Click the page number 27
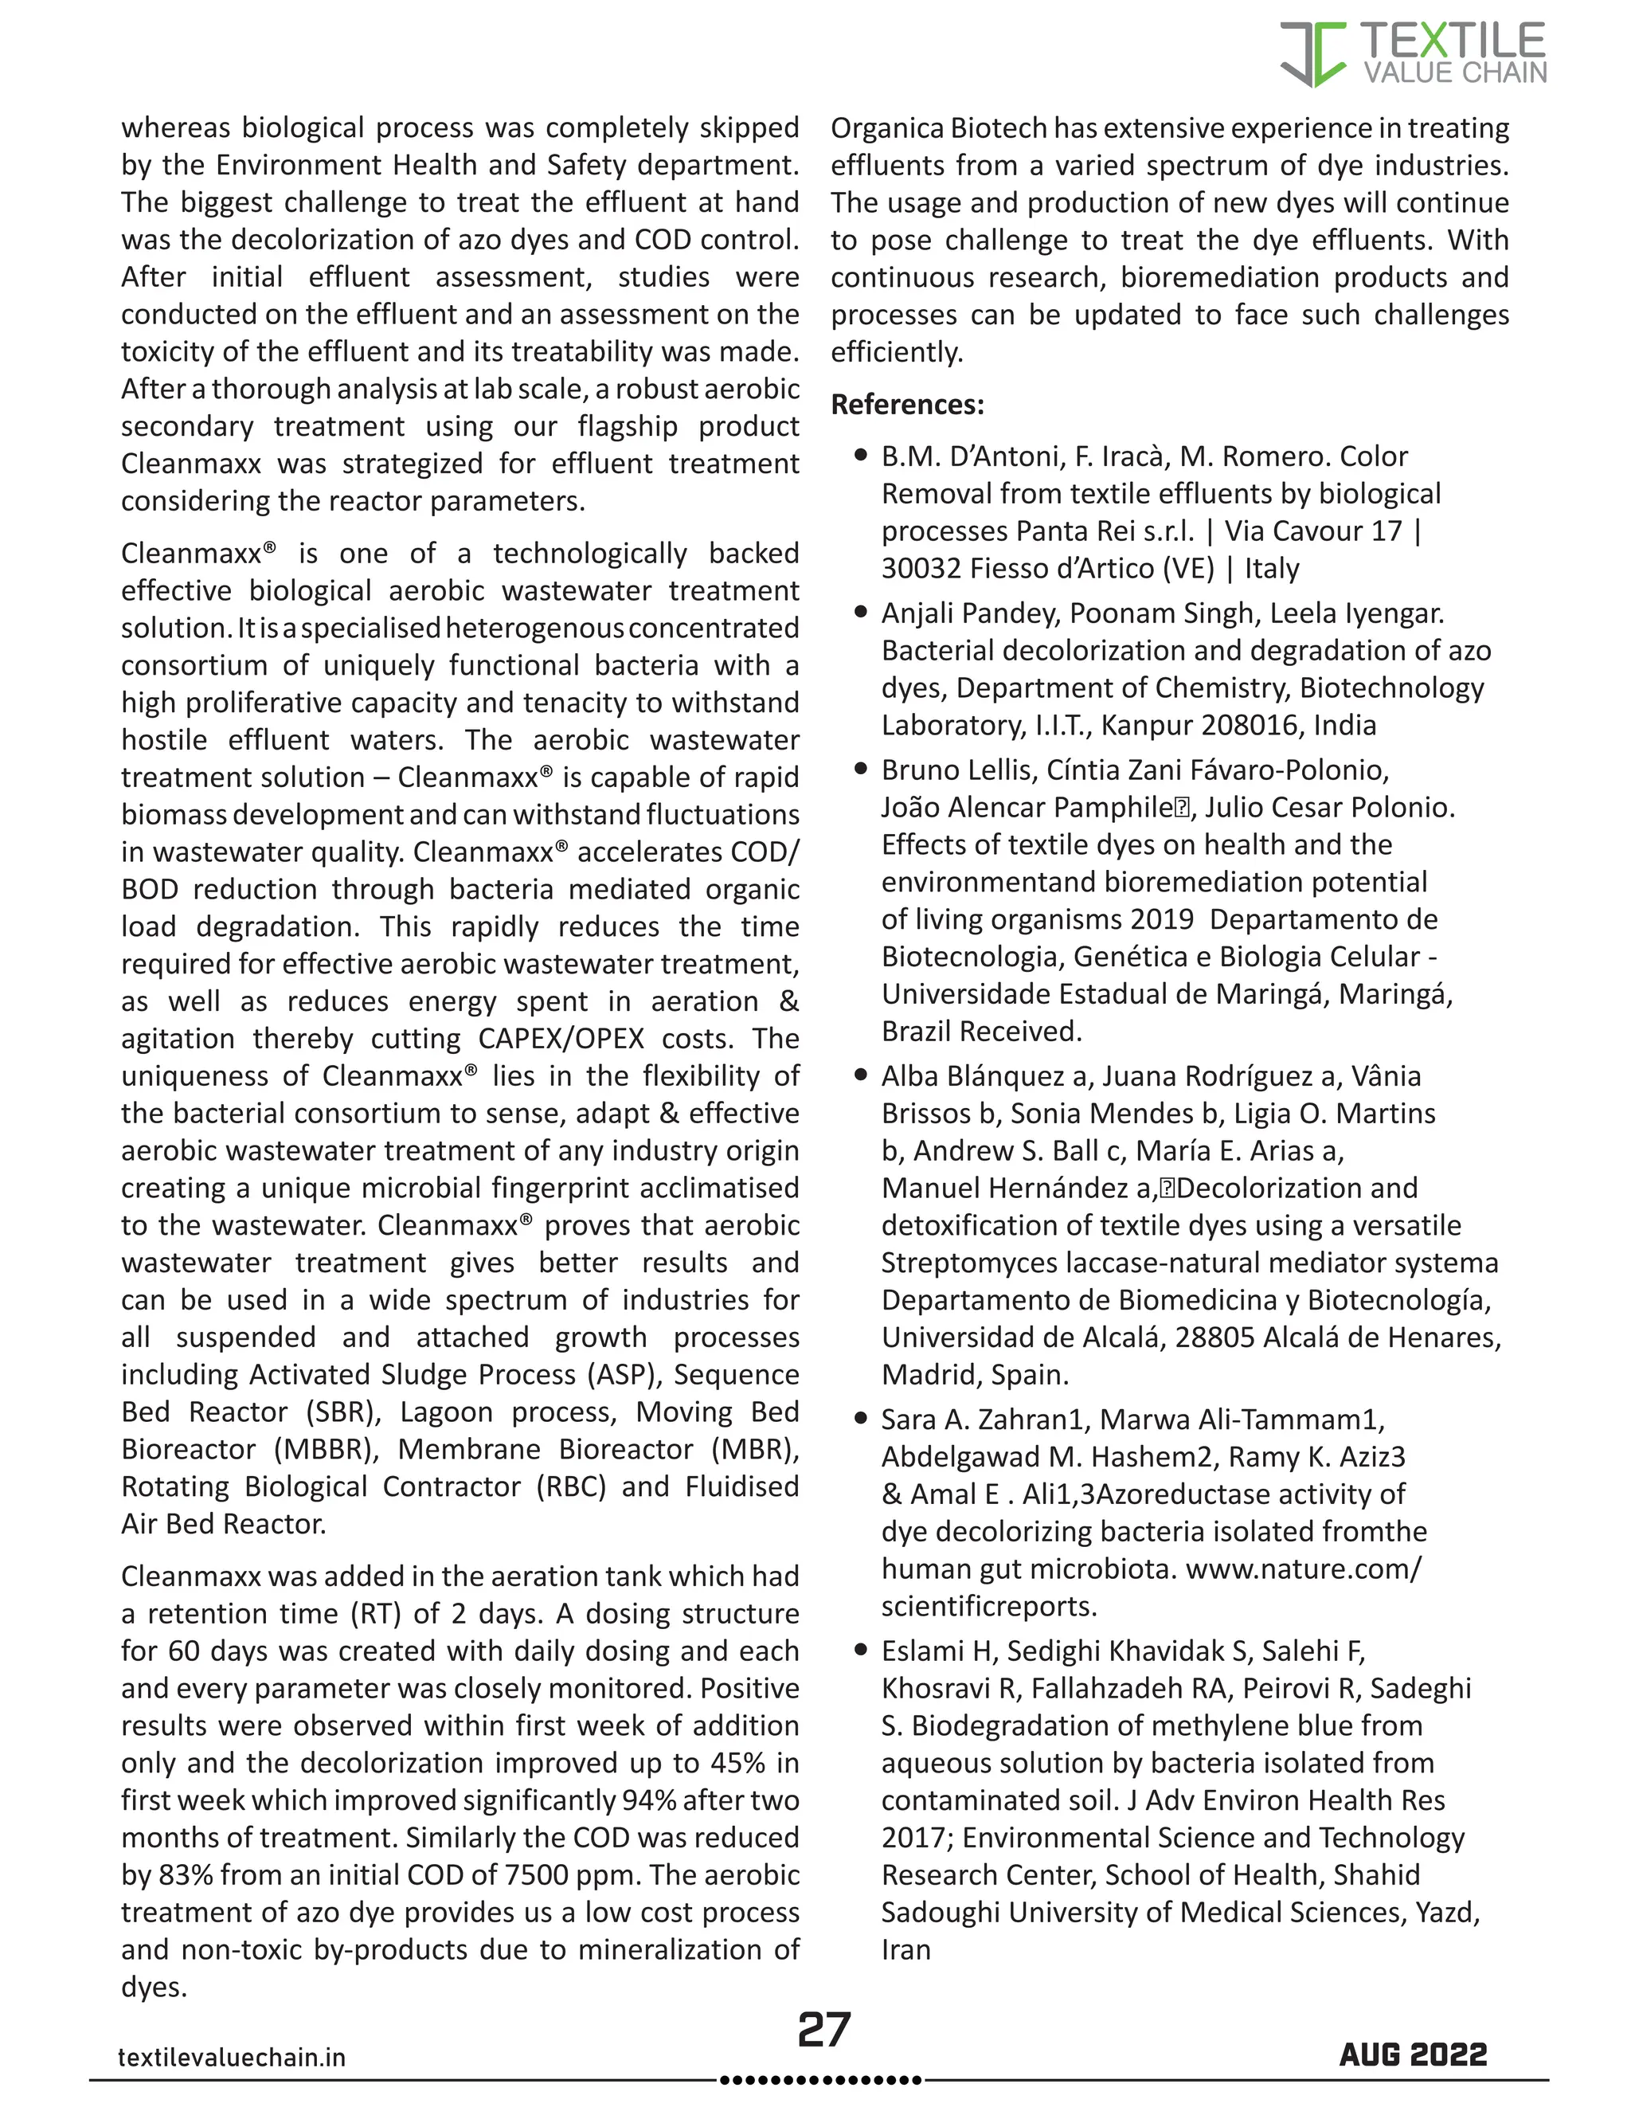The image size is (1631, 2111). click(823, 2030)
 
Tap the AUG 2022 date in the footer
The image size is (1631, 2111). click(1413, 2055)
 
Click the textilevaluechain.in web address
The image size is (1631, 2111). click(232, 2057)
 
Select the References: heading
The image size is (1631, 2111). click(907, 404)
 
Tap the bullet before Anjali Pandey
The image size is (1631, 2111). click(861, 612)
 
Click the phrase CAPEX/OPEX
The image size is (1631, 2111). click(561, 1038)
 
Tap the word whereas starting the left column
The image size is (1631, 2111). click(176, 127)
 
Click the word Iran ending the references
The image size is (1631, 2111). click(905, 1949)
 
